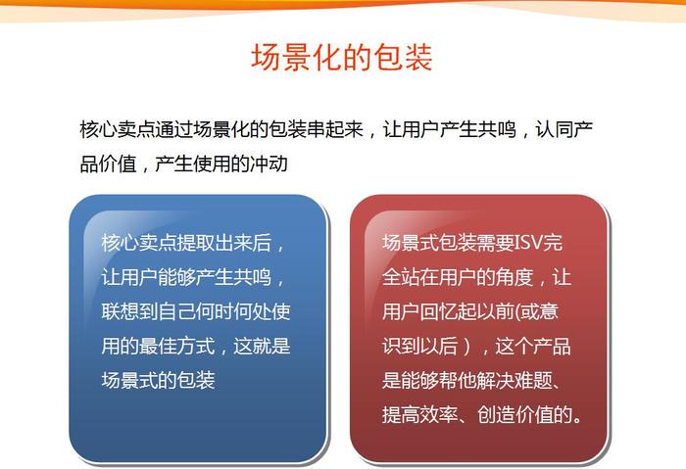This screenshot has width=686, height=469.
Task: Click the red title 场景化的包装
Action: click(x=342, y=57)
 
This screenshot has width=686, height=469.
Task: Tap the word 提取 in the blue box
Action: click(x=196, y=243)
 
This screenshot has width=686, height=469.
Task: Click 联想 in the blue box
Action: click(x=121, y=311)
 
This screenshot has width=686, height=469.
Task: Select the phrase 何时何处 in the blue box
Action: click(x=233, y=311)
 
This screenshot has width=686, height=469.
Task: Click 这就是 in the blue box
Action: click(x=262, y=347)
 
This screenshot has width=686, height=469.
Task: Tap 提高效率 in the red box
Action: click(x=420, y=415)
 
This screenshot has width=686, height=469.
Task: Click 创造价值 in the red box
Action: click(x=514, y=415)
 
